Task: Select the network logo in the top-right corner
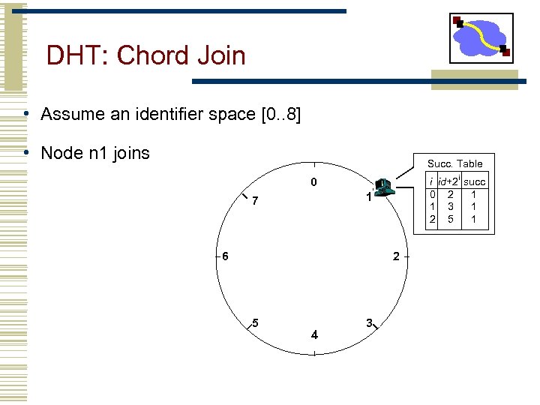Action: [481, 37]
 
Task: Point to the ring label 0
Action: [314, 183]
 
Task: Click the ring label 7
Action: [256, 202]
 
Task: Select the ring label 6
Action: [224, 256]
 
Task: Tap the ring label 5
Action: [256, 323]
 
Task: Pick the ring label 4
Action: [314, 334]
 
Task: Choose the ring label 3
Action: [369, 322]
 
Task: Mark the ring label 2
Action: [396, 256]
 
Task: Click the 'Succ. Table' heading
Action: [455, 163]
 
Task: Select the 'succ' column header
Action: [475, 182]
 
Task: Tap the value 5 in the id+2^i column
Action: [450, 219]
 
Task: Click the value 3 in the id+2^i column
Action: [450, 206]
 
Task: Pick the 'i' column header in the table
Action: [431, 182]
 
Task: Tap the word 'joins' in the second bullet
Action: [132, 154]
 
